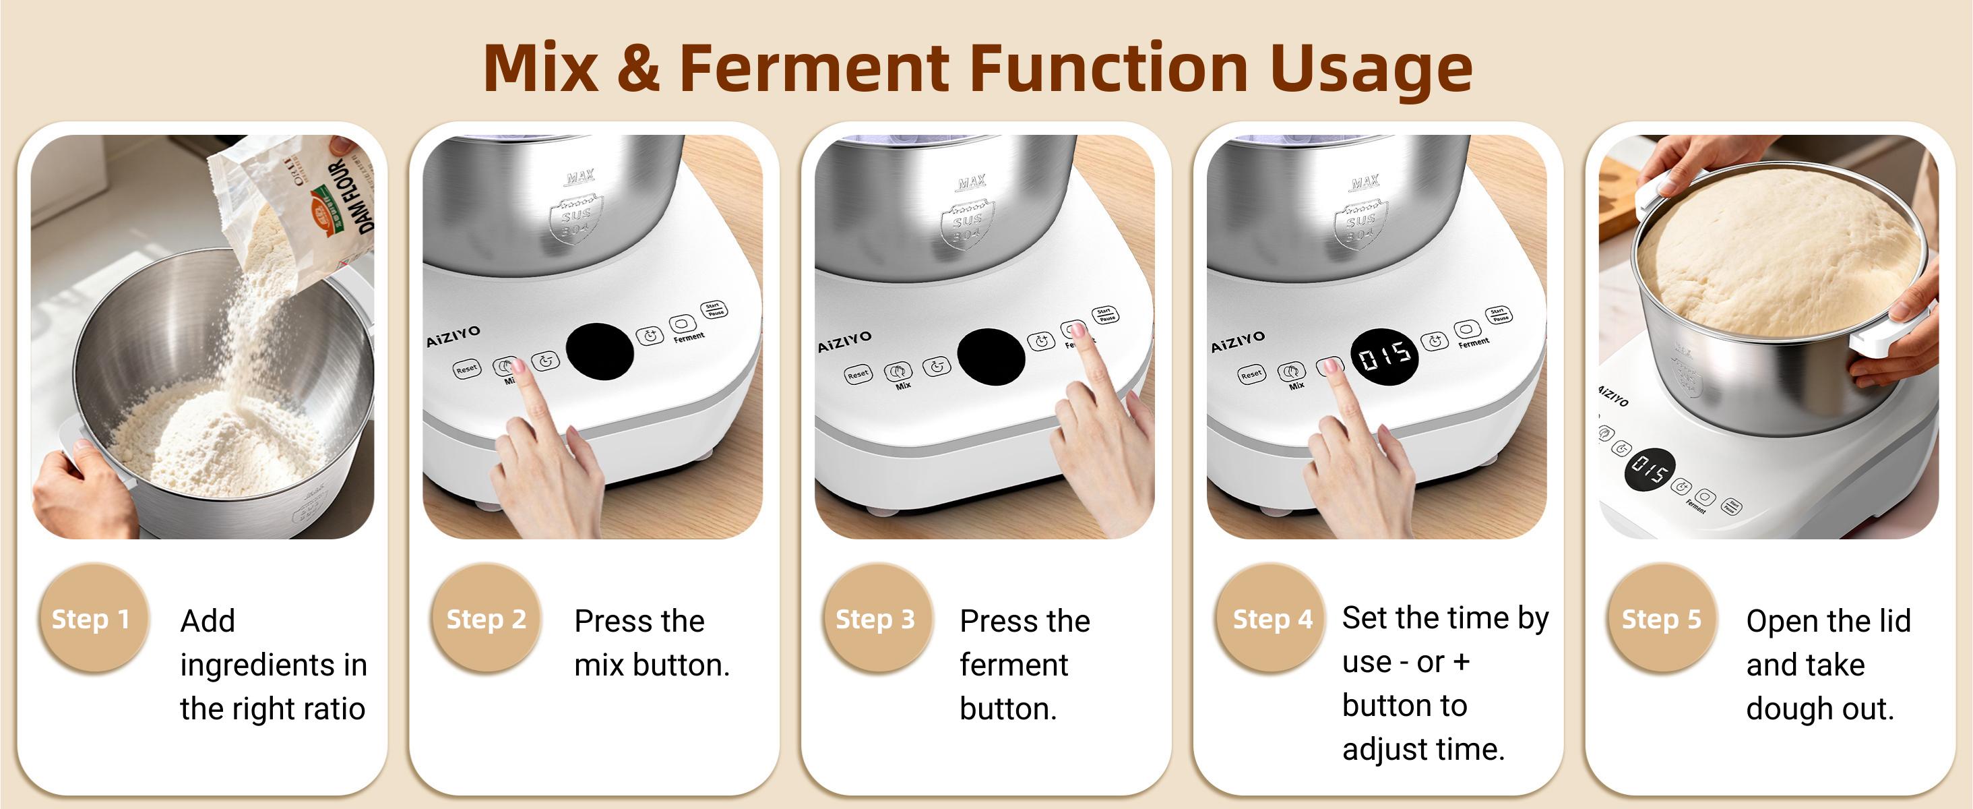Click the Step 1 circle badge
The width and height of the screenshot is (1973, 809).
click(x=91, y=618)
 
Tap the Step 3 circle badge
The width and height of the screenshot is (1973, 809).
click(x=875, y=618)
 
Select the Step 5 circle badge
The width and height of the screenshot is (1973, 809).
click(x=1660, y=618)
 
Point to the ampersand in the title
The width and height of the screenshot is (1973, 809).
click(x=637, y=69)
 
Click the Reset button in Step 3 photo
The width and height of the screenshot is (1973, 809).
click(x=858, y=375)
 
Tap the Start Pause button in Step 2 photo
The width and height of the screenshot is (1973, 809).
click(x=714, y=309)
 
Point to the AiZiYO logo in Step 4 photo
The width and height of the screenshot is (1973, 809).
click(x=1238, y=342)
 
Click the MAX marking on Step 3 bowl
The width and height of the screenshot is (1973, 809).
click(x=971, y=182)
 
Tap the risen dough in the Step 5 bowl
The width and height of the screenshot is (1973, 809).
click(x=1777, y=253)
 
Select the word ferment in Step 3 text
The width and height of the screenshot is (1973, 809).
click(x=1013, y=665)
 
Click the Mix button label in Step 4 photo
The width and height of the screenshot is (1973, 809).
click(x=1296, y=386)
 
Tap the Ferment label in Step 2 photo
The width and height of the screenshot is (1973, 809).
click(x=689, y=337)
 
